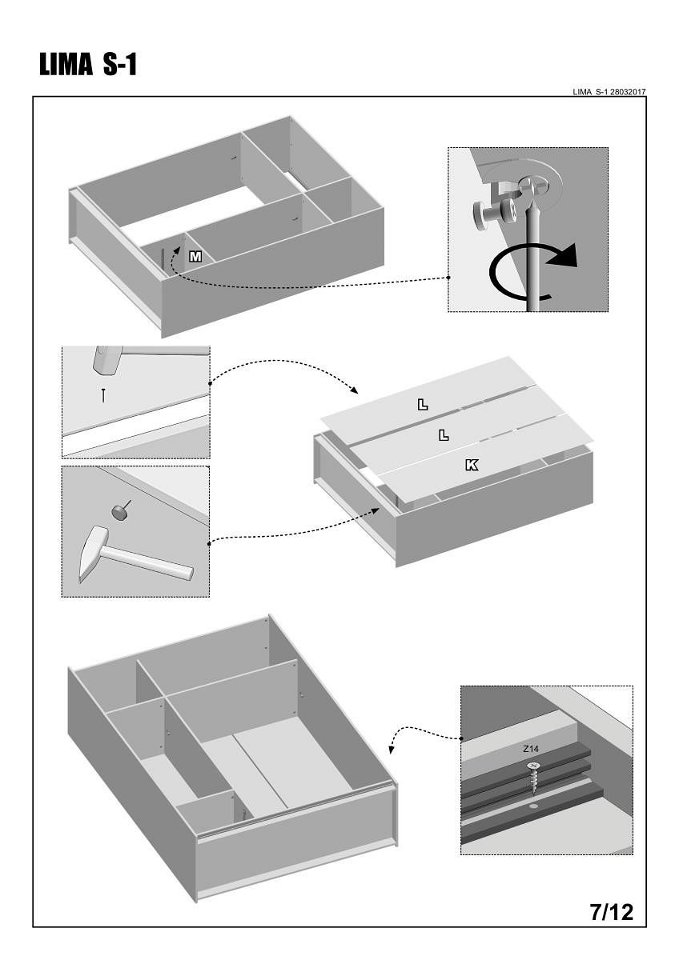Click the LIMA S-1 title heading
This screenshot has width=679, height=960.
click(89, 66)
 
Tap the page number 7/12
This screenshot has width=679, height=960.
click(611, 911)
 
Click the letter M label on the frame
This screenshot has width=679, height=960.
click(195, 256)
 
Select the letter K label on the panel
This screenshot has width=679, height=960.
click(472, 464)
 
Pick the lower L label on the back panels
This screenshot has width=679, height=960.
click(444, 435)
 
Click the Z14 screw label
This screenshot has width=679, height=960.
click(531, 750)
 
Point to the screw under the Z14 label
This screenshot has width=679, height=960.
click(533, 774)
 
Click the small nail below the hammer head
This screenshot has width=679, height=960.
click(103, 394)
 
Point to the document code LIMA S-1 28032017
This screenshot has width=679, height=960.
click(609, 92)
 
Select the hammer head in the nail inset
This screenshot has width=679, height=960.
click(106, 360)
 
